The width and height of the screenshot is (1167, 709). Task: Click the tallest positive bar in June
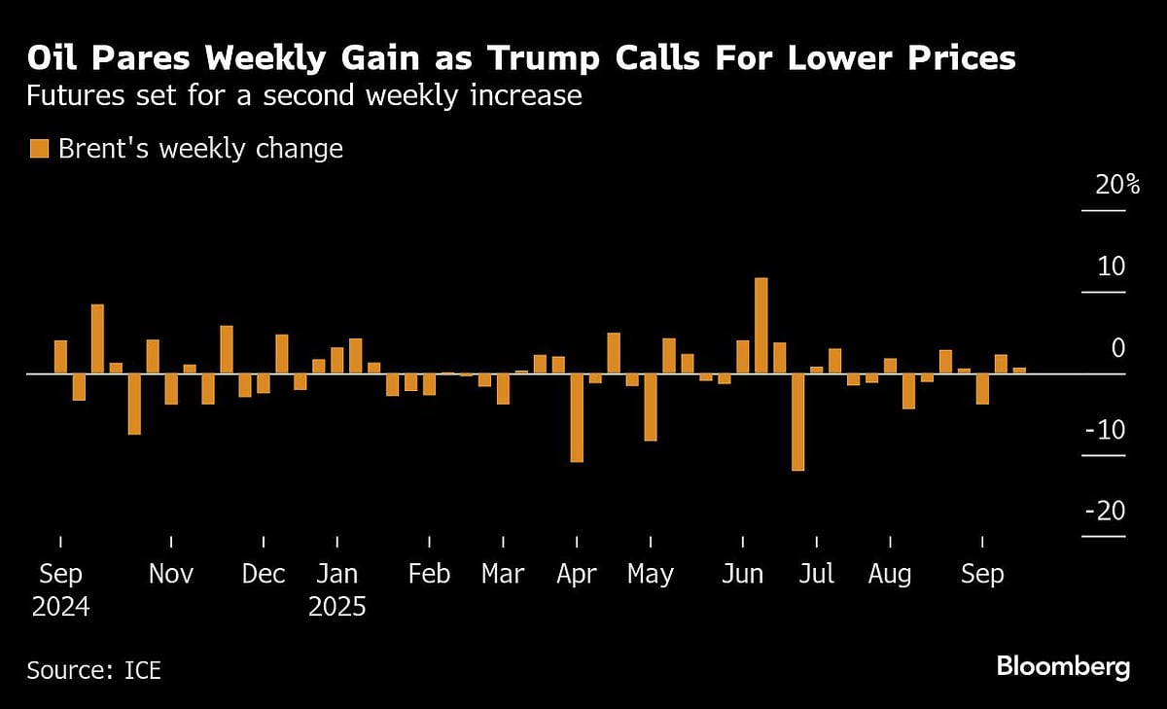click(x=761, y=326)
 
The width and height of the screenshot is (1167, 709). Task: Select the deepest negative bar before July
click(x=797, y=422)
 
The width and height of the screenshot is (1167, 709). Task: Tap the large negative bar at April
click(x=577, y=417)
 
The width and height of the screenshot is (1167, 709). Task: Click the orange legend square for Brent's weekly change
click(x=39, y=149)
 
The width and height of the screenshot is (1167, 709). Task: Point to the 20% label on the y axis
click(x=1116, y=185)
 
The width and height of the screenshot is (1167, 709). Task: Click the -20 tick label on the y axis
click(x=1104, y=511)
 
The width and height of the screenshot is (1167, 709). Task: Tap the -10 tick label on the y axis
click(x=1104, y=429)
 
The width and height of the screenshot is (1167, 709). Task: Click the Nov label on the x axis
click(x=171, y=574)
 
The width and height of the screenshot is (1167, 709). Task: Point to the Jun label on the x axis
click(x=743, y=574)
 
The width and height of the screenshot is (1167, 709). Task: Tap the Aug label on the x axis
click(x=890, y=574)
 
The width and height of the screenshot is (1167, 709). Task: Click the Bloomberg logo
click(x=1062, y=667)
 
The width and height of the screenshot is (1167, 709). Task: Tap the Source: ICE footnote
click(x=93, y=670)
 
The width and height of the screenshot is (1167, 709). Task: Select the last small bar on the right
click(x=1019, y=371)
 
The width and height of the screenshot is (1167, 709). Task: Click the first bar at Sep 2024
click(x=60, y=357)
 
